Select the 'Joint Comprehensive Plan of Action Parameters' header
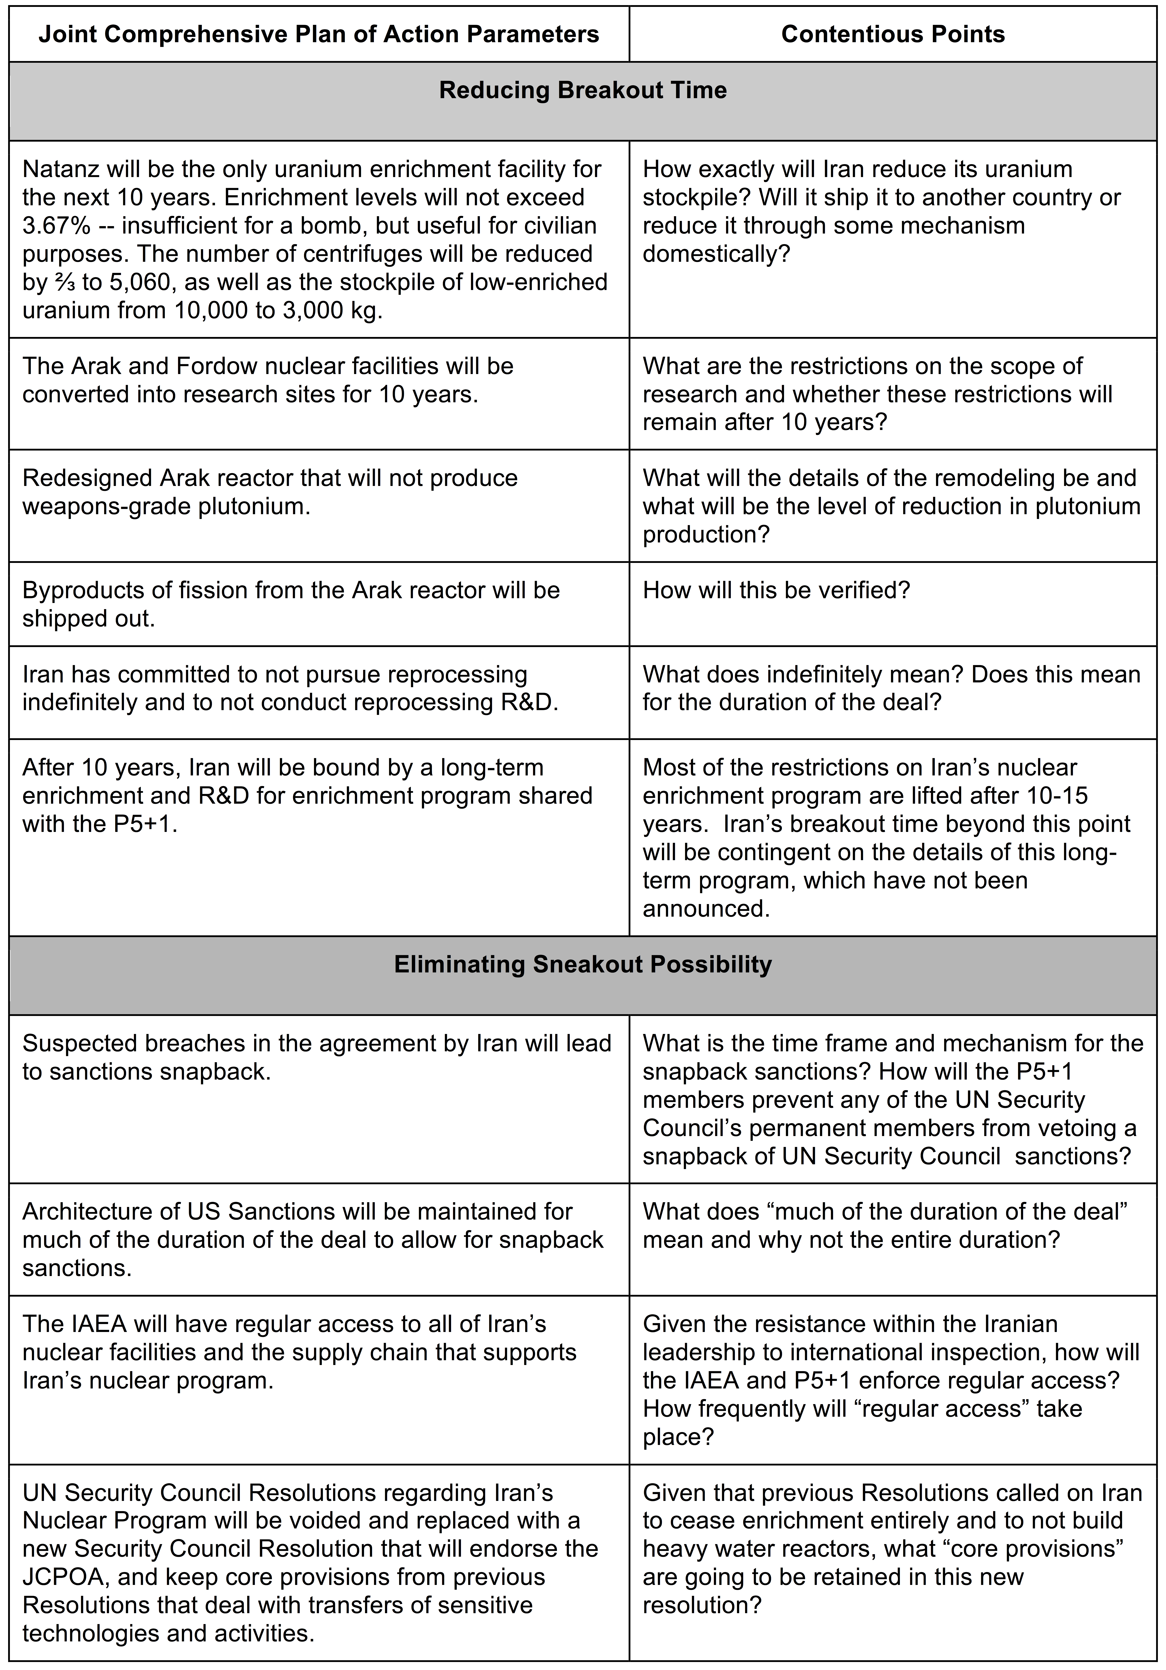pyautogui.click(x=319, y=34)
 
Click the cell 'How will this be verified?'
pyautogui.click(x=776, y=590)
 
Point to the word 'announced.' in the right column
pyautogui.click(x=705, y=909)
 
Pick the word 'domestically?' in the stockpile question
pyautogui.click(x=715, y=254)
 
